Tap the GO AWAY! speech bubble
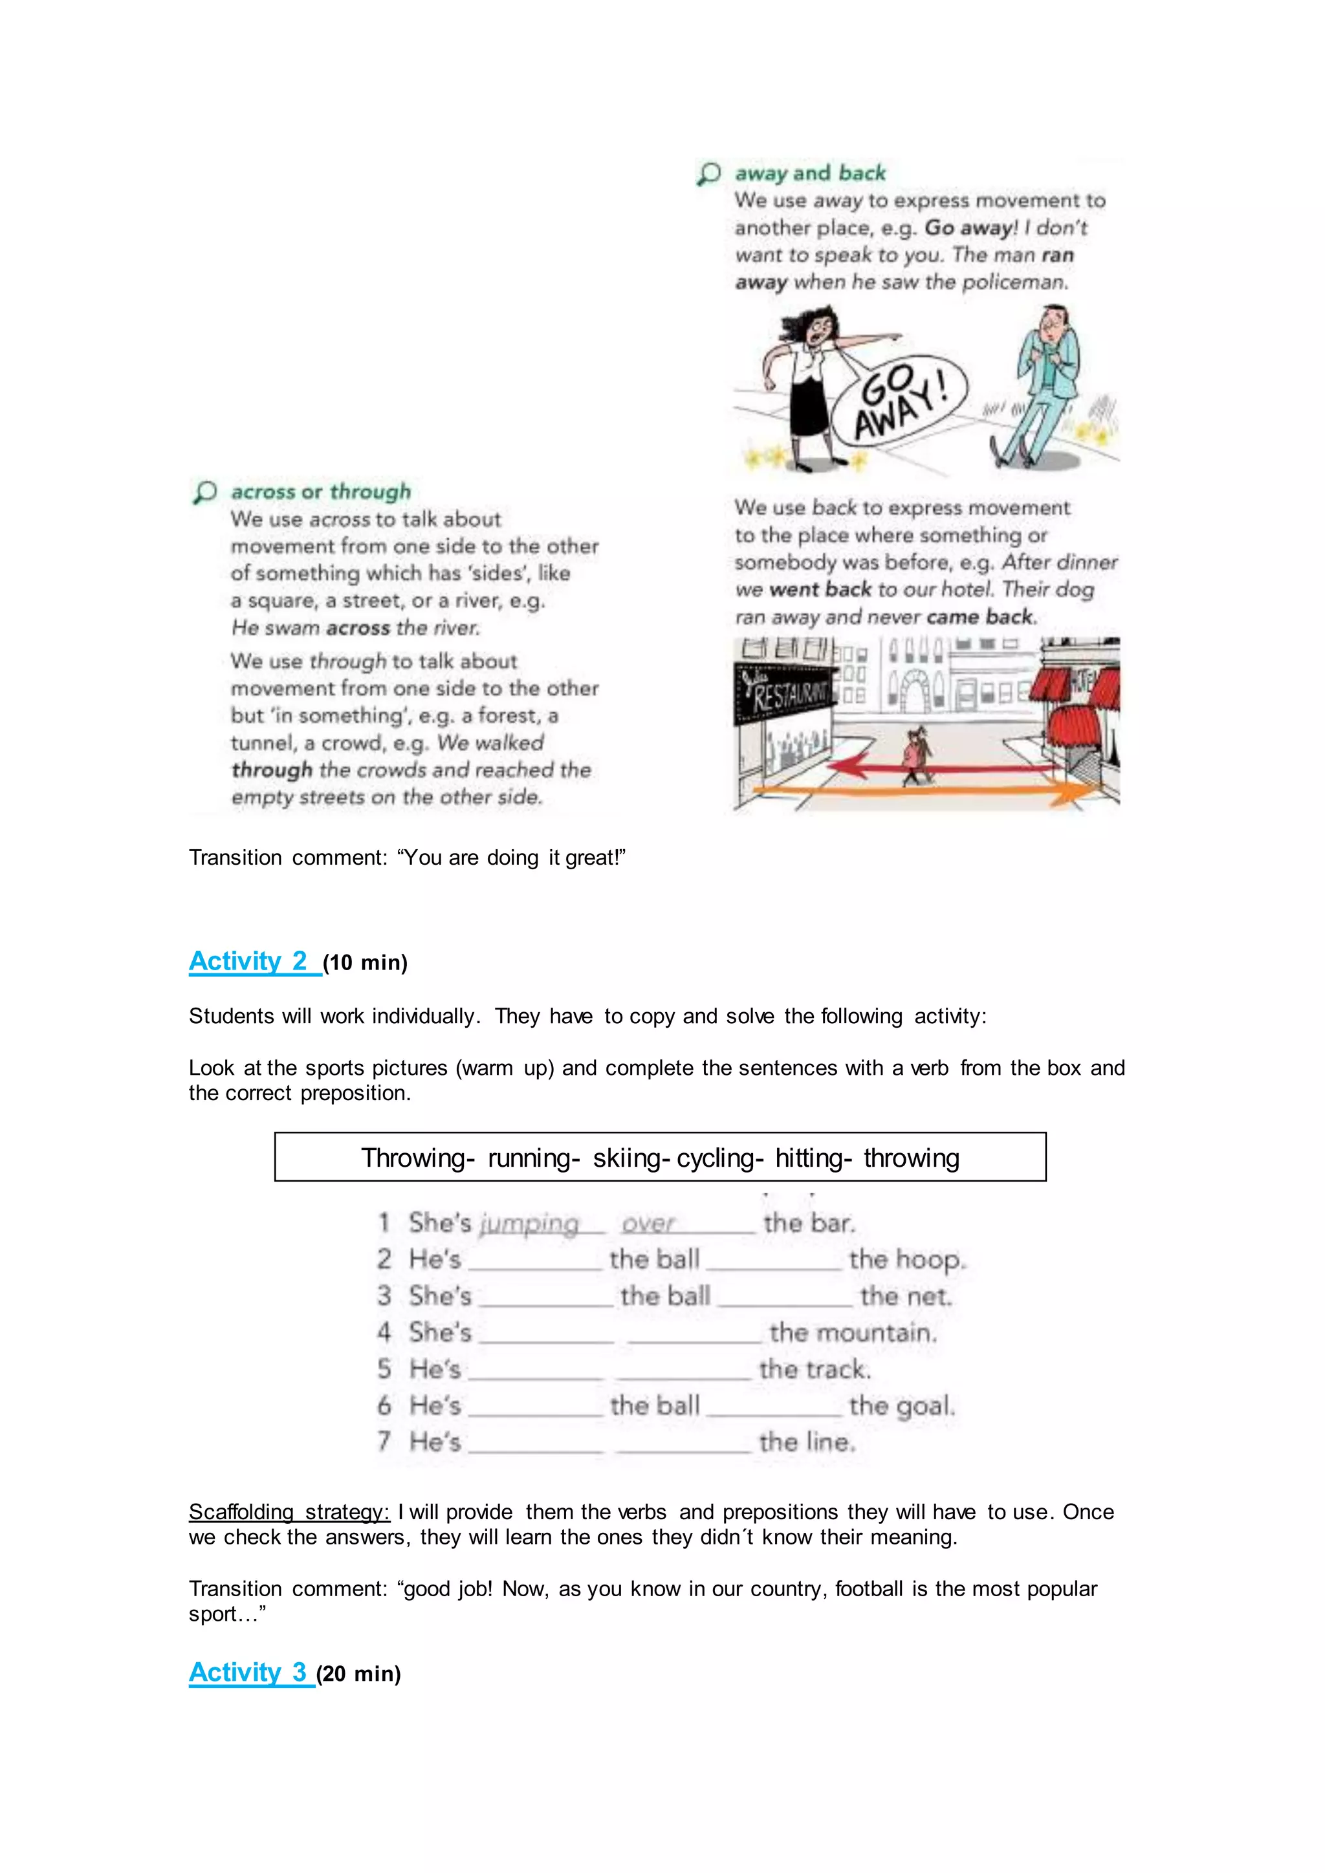pos(900,400)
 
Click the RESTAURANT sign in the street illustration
pos(783,694)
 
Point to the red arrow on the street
pos(938,767)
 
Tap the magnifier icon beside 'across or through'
pos(205,492)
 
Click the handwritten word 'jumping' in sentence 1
pos(529,1224)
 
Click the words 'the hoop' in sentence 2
pos(906,1259)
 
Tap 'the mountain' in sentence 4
pos(853,1332)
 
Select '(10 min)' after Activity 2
pos(366,962)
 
